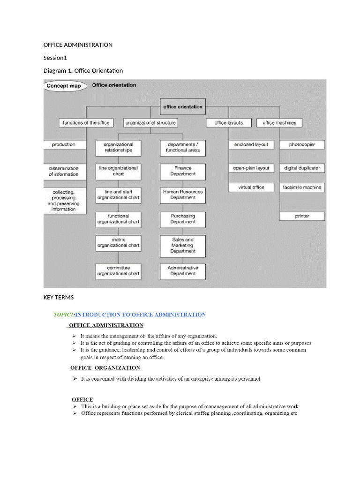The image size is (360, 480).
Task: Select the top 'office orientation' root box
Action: click(x=183, y=106)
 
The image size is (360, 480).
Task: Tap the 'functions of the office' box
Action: click(x=86, y=123)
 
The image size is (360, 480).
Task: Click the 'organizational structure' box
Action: click(x=150, y=123)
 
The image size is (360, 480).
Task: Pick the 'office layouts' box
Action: click(x=229, y=123)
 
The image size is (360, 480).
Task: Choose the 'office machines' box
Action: click(x=279, y=123)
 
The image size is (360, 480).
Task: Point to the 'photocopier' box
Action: click(x=302, y=145)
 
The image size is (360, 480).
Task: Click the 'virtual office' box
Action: click(x=251, y=187)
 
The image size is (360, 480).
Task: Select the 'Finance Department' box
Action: click(x=183, y=171)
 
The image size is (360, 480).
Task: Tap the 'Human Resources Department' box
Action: click(x=183, y=195)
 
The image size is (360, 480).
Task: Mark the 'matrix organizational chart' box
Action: click(x=118, y=242)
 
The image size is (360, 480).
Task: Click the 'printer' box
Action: click(x=302, y=216)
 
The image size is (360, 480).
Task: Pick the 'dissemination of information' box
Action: click(x=64, y=171)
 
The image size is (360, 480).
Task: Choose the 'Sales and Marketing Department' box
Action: click(x=183, y=245)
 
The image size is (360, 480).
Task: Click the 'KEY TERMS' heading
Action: click(x=58, y=298)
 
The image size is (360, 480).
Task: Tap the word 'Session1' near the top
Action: click(x=56, y=58)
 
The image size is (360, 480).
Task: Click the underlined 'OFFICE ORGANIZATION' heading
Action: click(x=105, y=367)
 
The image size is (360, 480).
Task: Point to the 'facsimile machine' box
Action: click(x=302, y=187)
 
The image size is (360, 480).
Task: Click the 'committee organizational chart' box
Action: click(x=118, y=270)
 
